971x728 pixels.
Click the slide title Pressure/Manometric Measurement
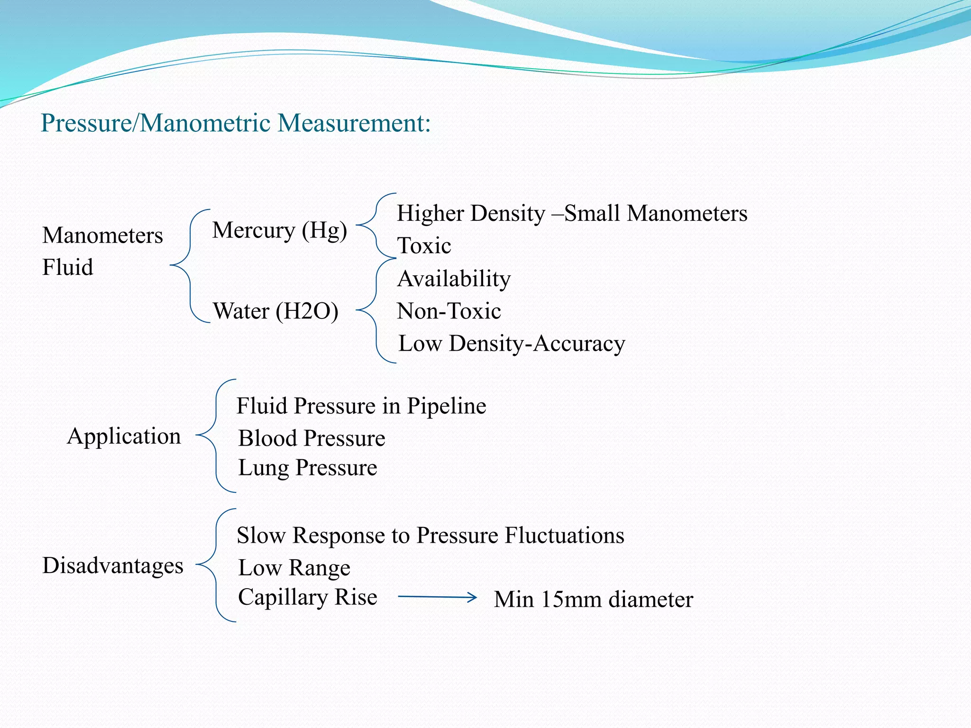pyautogui.click(x=236, y=123)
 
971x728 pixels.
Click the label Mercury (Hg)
pyautogui.click(x=279, y=231)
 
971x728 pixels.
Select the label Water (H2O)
pyautogui.click(x=275, y=311)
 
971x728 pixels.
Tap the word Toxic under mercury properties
pyautogui.click(x=424, y=246)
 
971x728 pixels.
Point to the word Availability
pyautogui.click(x=454, y=279)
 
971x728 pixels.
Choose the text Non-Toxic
pyautogui.click(x=449, y=311)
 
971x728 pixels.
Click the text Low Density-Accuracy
pyautogui.click(x=512, y=344)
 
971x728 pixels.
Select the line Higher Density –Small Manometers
pyautogui.click(x=572, y=213)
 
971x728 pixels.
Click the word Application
pyautogui.click(x=124, y=436)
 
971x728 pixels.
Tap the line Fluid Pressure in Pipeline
pyautogui.click(x=361, y=406)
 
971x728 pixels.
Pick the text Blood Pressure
pyautogui.click(x=311, y=438)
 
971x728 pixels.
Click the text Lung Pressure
pyautogui.click(x=307, y=468)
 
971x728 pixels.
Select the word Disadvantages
pyautogui.click(x=112, y=565)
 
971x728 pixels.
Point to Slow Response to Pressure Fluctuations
pyautogui.click(x=430, y=536)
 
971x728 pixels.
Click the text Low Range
pyautogui.click(x=294, y=568)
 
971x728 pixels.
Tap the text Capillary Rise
pyautogui.click(x=307, y=597)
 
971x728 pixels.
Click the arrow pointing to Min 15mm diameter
pyautogui.click(x=437, y=597)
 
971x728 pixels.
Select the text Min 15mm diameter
pyautogui.click(x=593, y=600)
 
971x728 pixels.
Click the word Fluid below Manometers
pyautogui.click(x=67, y=267)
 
